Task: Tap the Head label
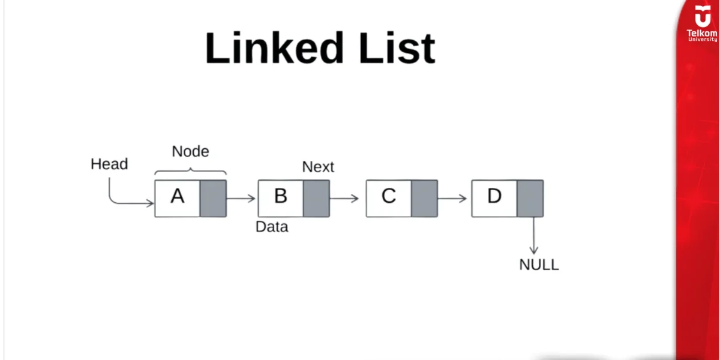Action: coord(109,164)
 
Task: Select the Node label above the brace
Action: coord(190,151)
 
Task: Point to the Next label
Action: coord(318,167)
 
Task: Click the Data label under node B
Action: coord(272,227)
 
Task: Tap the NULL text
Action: coord(539,265)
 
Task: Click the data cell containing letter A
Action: coord(177,198)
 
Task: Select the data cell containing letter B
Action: coord(281,198)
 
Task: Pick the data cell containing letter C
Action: coord(389,198)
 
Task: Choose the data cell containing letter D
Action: coord(494,198)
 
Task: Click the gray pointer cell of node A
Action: coord(213,198)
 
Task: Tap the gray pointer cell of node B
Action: coord(316,198)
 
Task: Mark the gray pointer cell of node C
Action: coord(424,198)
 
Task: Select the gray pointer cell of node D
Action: coord(530,198)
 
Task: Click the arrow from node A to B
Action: coord(242,198)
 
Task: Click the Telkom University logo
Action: coord(701,24)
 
